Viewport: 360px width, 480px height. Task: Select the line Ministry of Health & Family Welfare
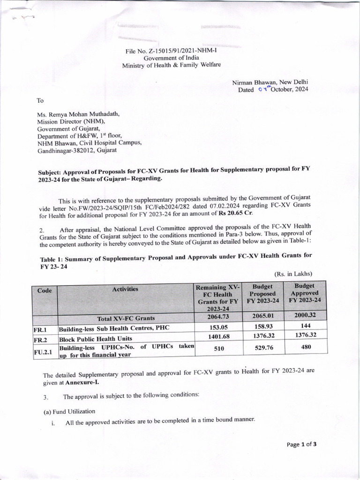pos(171,66)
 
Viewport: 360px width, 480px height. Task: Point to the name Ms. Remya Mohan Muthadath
pos(78,113)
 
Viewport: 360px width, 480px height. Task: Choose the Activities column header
pos(125,289)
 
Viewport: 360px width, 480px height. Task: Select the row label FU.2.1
pos(45,351)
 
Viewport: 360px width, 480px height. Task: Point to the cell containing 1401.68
pos(217,337)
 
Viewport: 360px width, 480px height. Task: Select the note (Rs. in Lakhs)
pos(292,274)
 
